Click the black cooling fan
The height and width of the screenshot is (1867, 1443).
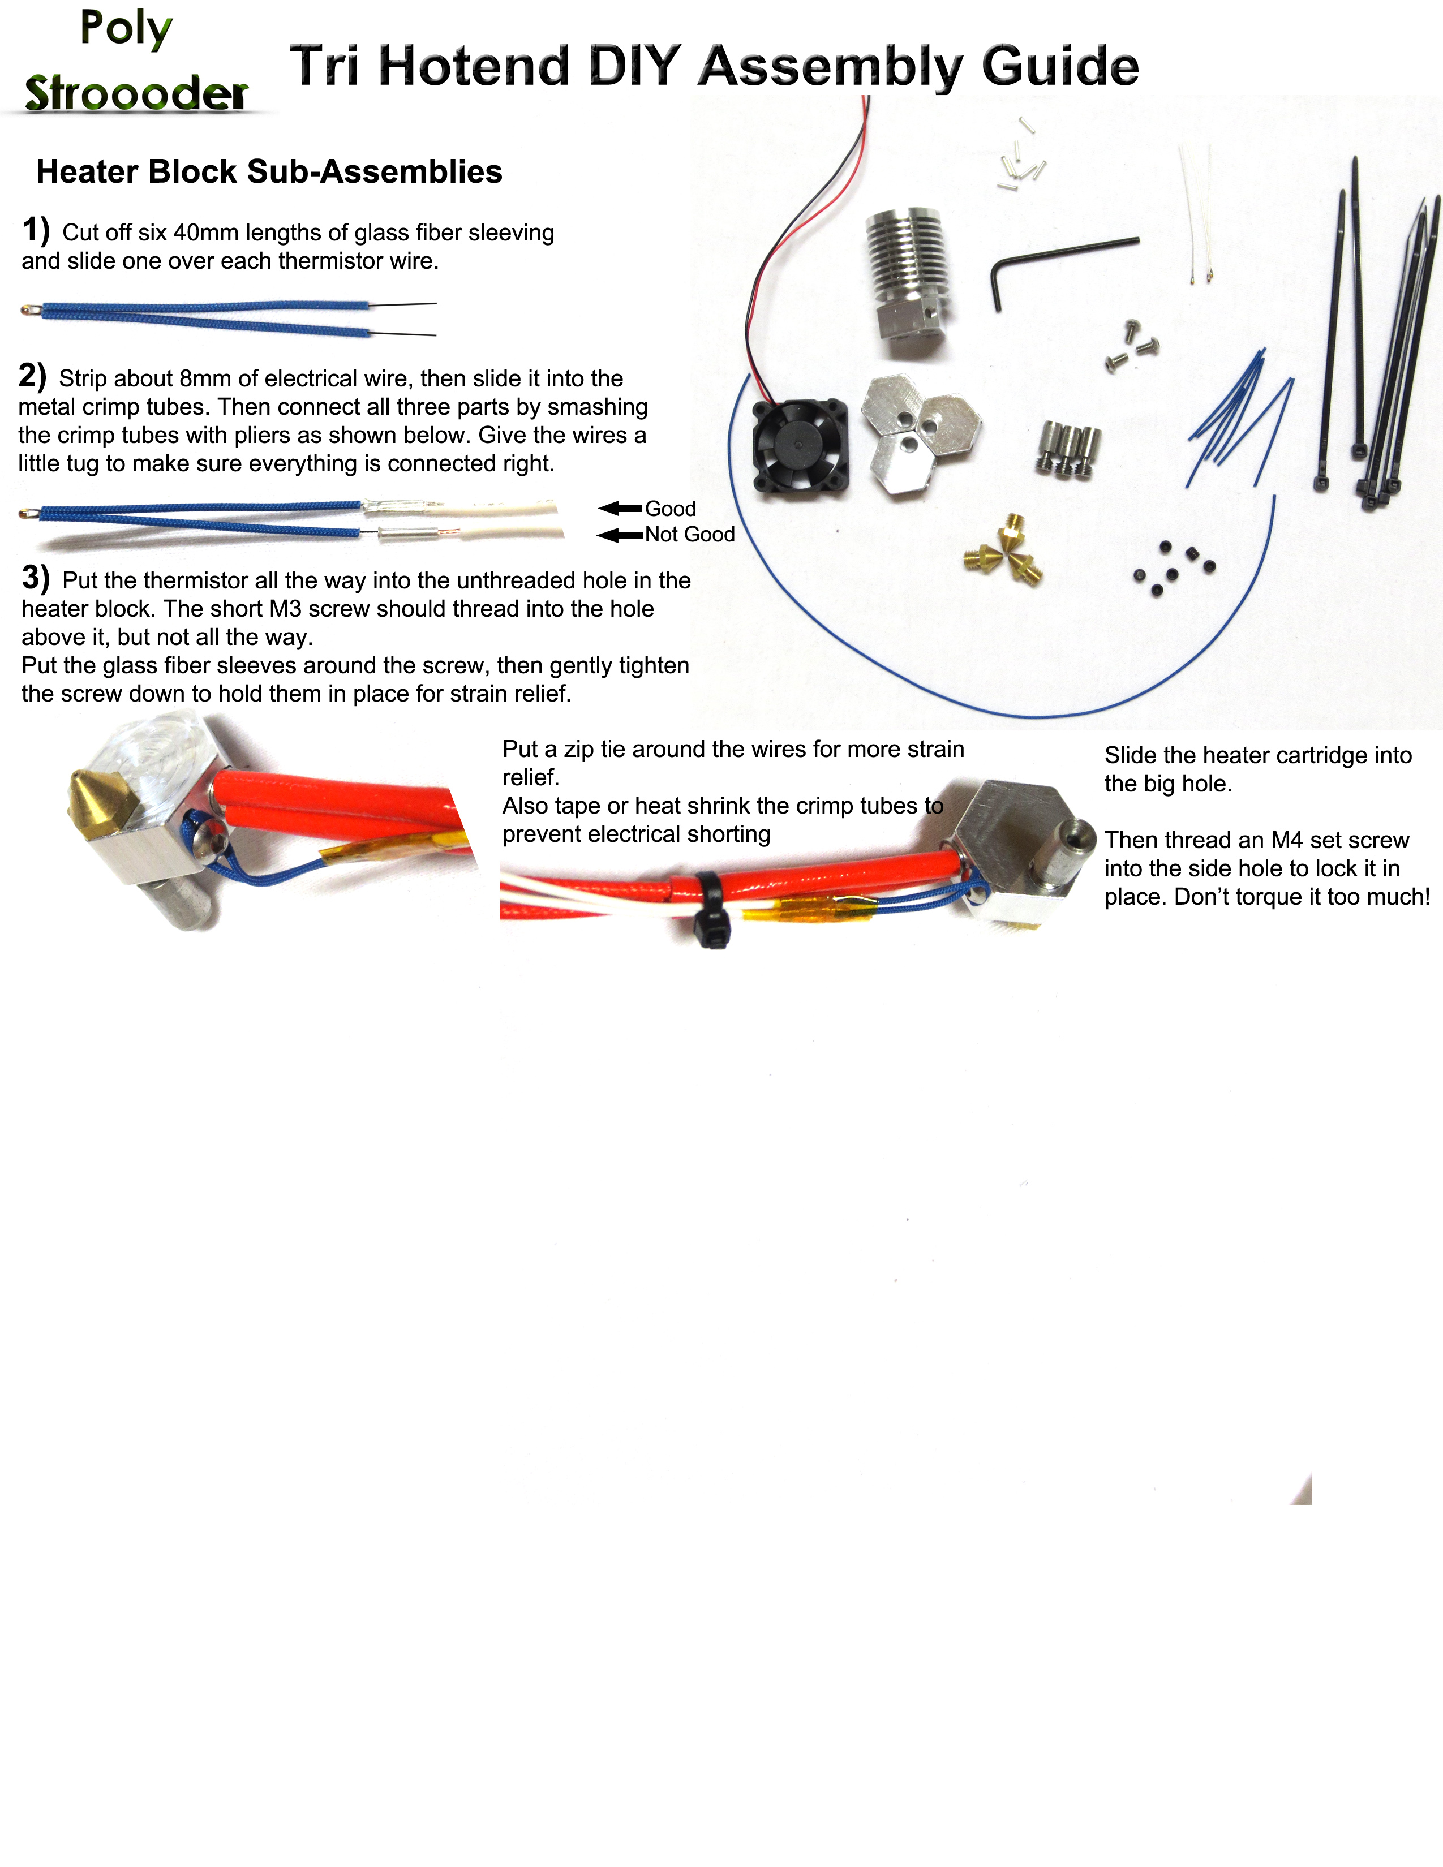(799, 446)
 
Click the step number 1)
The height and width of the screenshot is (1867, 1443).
(36, 231)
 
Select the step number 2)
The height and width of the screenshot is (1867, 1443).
(32, 376)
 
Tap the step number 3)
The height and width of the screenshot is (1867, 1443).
(36, 578)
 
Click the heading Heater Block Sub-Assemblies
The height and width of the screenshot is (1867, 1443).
(269, 172)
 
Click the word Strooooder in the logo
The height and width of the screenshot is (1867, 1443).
(137, 93)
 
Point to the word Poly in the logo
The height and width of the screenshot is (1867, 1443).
(127, 28)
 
